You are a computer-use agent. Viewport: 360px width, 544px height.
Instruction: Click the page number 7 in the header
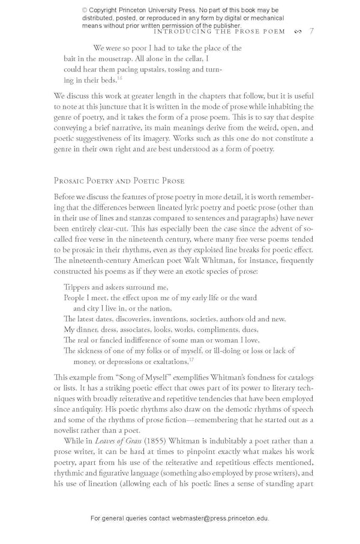pyautogui.click(x=311, y=31)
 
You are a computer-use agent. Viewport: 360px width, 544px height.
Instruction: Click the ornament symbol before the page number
pyautogui.click(x=298, y=32)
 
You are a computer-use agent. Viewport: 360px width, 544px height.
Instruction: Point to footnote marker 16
pyautogui.click(x=119, y=78)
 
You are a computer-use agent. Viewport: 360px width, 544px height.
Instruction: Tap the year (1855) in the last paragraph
pyautogui.click(x=155, y=441)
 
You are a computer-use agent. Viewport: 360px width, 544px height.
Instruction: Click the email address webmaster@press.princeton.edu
pyautogui.click(x=220, y=518)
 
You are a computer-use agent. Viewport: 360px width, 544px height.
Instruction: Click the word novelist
pyautogui.click(x=68, y=431)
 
